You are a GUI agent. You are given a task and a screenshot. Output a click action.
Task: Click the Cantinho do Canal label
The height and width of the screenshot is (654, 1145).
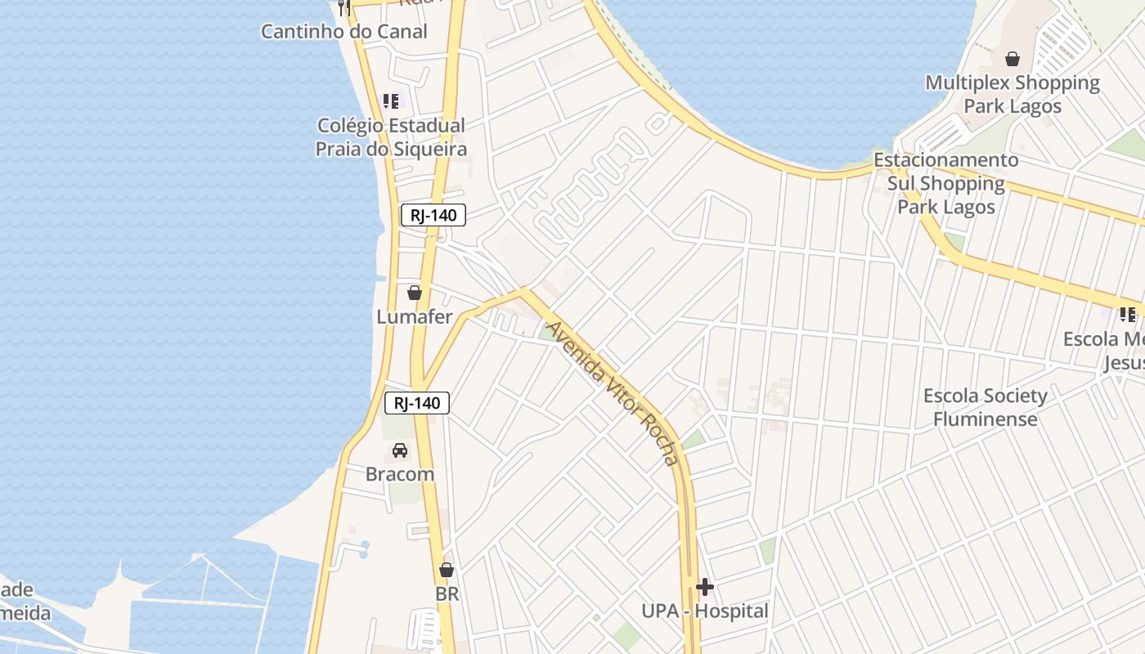(343, 32)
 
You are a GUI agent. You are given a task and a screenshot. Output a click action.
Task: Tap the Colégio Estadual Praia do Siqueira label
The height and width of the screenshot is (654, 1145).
(391, 137)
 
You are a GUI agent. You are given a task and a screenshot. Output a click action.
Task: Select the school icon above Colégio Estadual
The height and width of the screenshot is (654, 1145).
(391, 101)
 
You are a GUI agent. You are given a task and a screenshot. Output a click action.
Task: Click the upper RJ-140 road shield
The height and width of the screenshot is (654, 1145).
(433, 215)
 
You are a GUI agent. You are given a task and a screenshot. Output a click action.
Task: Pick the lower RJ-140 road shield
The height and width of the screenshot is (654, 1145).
(417, 402)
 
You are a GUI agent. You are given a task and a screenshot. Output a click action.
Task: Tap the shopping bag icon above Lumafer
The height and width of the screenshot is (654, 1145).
(415, 293)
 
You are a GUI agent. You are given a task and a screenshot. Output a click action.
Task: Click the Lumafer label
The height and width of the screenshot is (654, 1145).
(415, 316)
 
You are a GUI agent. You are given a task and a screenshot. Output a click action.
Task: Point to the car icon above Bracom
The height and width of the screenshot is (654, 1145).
(400, 450)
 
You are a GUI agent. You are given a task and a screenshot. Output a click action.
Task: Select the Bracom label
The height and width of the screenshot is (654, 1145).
(400, 474)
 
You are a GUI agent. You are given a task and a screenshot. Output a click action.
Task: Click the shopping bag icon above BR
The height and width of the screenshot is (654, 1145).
(447, 570)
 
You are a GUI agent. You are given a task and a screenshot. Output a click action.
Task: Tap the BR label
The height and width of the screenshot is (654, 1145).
(447, 594)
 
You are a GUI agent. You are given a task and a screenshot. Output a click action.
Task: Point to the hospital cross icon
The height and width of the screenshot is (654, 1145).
(704, 587)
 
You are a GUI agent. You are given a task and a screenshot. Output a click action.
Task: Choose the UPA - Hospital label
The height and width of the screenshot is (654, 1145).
(704, 611)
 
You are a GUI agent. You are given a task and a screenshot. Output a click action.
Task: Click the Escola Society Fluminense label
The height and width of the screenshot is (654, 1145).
(985, 407)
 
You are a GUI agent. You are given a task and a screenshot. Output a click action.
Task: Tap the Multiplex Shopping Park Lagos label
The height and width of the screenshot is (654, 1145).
(1013, 94)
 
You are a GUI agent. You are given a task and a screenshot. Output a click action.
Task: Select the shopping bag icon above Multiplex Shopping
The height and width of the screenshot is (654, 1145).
(1013, 59)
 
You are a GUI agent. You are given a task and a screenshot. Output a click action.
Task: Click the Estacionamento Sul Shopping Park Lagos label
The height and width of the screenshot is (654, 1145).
(946, 183)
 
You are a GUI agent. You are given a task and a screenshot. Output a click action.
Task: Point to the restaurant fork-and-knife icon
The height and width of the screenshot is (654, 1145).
(344, 8)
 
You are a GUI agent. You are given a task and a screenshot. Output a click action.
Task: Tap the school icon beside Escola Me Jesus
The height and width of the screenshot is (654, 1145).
(1128, 314)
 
